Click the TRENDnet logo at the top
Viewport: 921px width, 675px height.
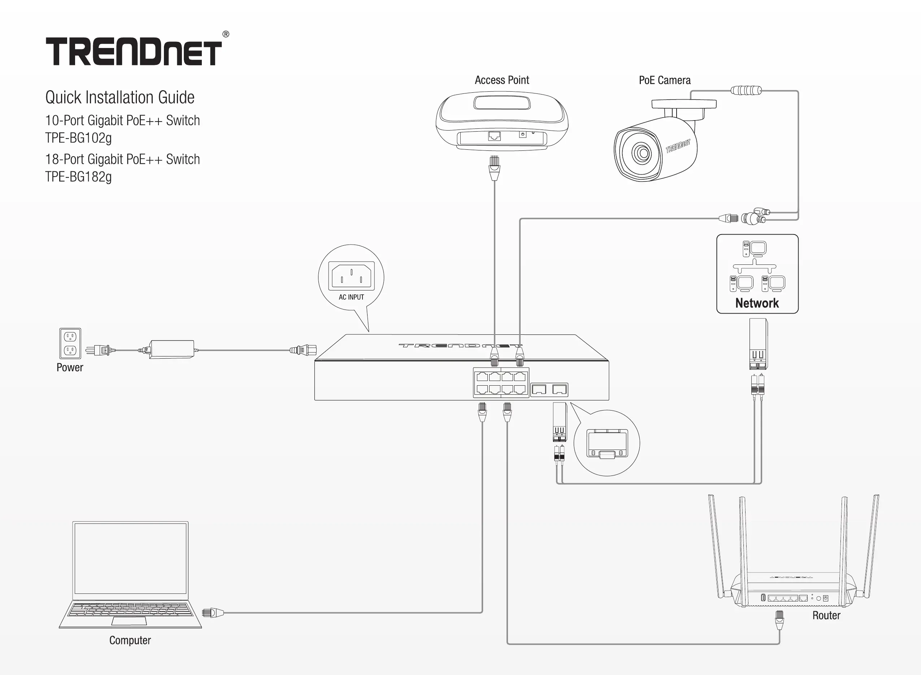coord(134,52)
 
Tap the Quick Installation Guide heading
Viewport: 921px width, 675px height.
coord(120,98)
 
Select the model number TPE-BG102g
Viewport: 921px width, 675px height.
coord(78,138)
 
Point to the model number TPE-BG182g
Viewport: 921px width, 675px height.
coord(78,177)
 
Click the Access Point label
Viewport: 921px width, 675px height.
coord(501,80)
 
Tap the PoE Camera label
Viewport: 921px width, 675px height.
coord(665,80)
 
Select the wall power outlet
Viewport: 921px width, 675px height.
coord(70,343)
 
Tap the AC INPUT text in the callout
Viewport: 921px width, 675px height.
coord(351,297)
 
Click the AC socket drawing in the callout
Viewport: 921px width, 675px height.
coord(351,276)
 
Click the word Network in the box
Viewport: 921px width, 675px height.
coord(757,303)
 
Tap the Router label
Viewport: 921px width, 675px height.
coord(826,615)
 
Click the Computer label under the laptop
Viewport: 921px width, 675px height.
coord(130,640)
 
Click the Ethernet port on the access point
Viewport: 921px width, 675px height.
coord(495,136)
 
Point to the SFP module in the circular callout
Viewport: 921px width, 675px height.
coord(607,444)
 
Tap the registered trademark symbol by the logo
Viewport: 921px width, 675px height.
coord(226,34)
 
